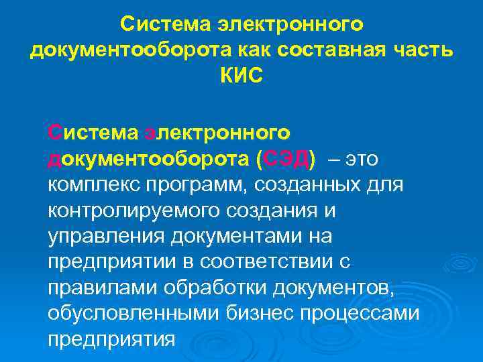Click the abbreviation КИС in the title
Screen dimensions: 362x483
241,74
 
